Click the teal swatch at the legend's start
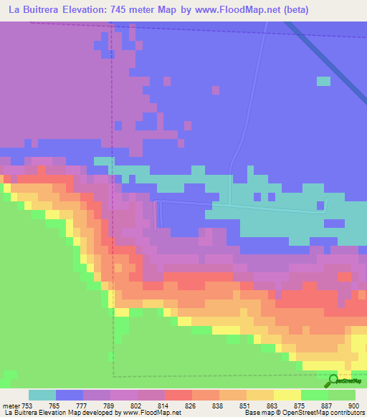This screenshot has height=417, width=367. tap(42, 395)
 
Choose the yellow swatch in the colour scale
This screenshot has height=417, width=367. tap(287, 395)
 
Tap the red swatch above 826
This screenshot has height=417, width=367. tap(178, 395)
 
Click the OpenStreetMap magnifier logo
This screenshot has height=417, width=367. tap(333, 382)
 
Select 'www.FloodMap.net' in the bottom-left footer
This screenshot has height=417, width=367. tap(151, 413)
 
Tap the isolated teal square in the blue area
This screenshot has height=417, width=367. tap(324, 81)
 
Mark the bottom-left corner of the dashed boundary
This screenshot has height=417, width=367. tap(113, 375)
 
